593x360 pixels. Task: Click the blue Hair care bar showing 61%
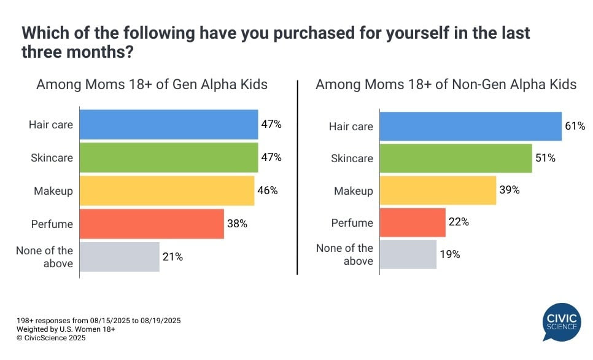471,127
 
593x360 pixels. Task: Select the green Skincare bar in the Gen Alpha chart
169,157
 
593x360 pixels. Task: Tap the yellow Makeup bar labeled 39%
438,190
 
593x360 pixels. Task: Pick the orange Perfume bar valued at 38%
152,224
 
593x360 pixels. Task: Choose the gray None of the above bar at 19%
408,254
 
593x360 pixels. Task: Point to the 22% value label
459,222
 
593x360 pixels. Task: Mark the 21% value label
173,257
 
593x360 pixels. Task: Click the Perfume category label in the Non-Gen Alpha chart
352,223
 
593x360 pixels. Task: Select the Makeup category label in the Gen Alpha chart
53,191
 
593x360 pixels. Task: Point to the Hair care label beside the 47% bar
51,125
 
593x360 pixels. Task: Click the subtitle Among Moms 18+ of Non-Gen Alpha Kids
446,84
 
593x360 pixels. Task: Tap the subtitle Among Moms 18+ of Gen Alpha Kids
152,84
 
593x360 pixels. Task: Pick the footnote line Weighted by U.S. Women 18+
66,329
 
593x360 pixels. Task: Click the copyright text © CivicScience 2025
51,338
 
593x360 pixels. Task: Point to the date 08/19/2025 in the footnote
158,321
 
